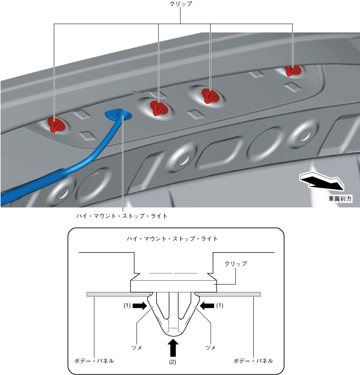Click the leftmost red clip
(x=57, y=125)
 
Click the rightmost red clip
(x=292, y=71)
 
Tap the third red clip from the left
(x=210, y=95)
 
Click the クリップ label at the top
(x=181, y=4)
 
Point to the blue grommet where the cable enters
(x=118, y=114)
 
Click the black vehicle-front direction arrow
(x=322, y=181)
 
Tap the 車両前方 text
(x=340, y=199)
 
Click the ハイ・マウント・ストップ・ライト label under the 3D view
(x=122, y=216)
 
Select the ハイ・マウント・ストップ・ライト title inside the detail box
(x=172, y=239)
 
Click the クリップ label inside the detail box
(x=236, y=263)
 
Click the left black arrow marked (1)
(x=140, y=305)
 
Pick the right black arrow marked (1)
(x=207, y=305)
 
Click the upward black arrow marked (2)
(x=173, y=349)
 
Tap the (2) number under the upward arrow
(x=173, y=362)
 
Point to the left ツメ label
(x=137, y=347)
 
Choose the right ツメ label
(x=211, y=347)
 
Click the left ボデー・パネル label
(x=94, y=360)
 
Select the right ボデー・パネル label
(x=253, y=360)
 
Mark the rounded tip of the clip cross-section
(x=173, y=335)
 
